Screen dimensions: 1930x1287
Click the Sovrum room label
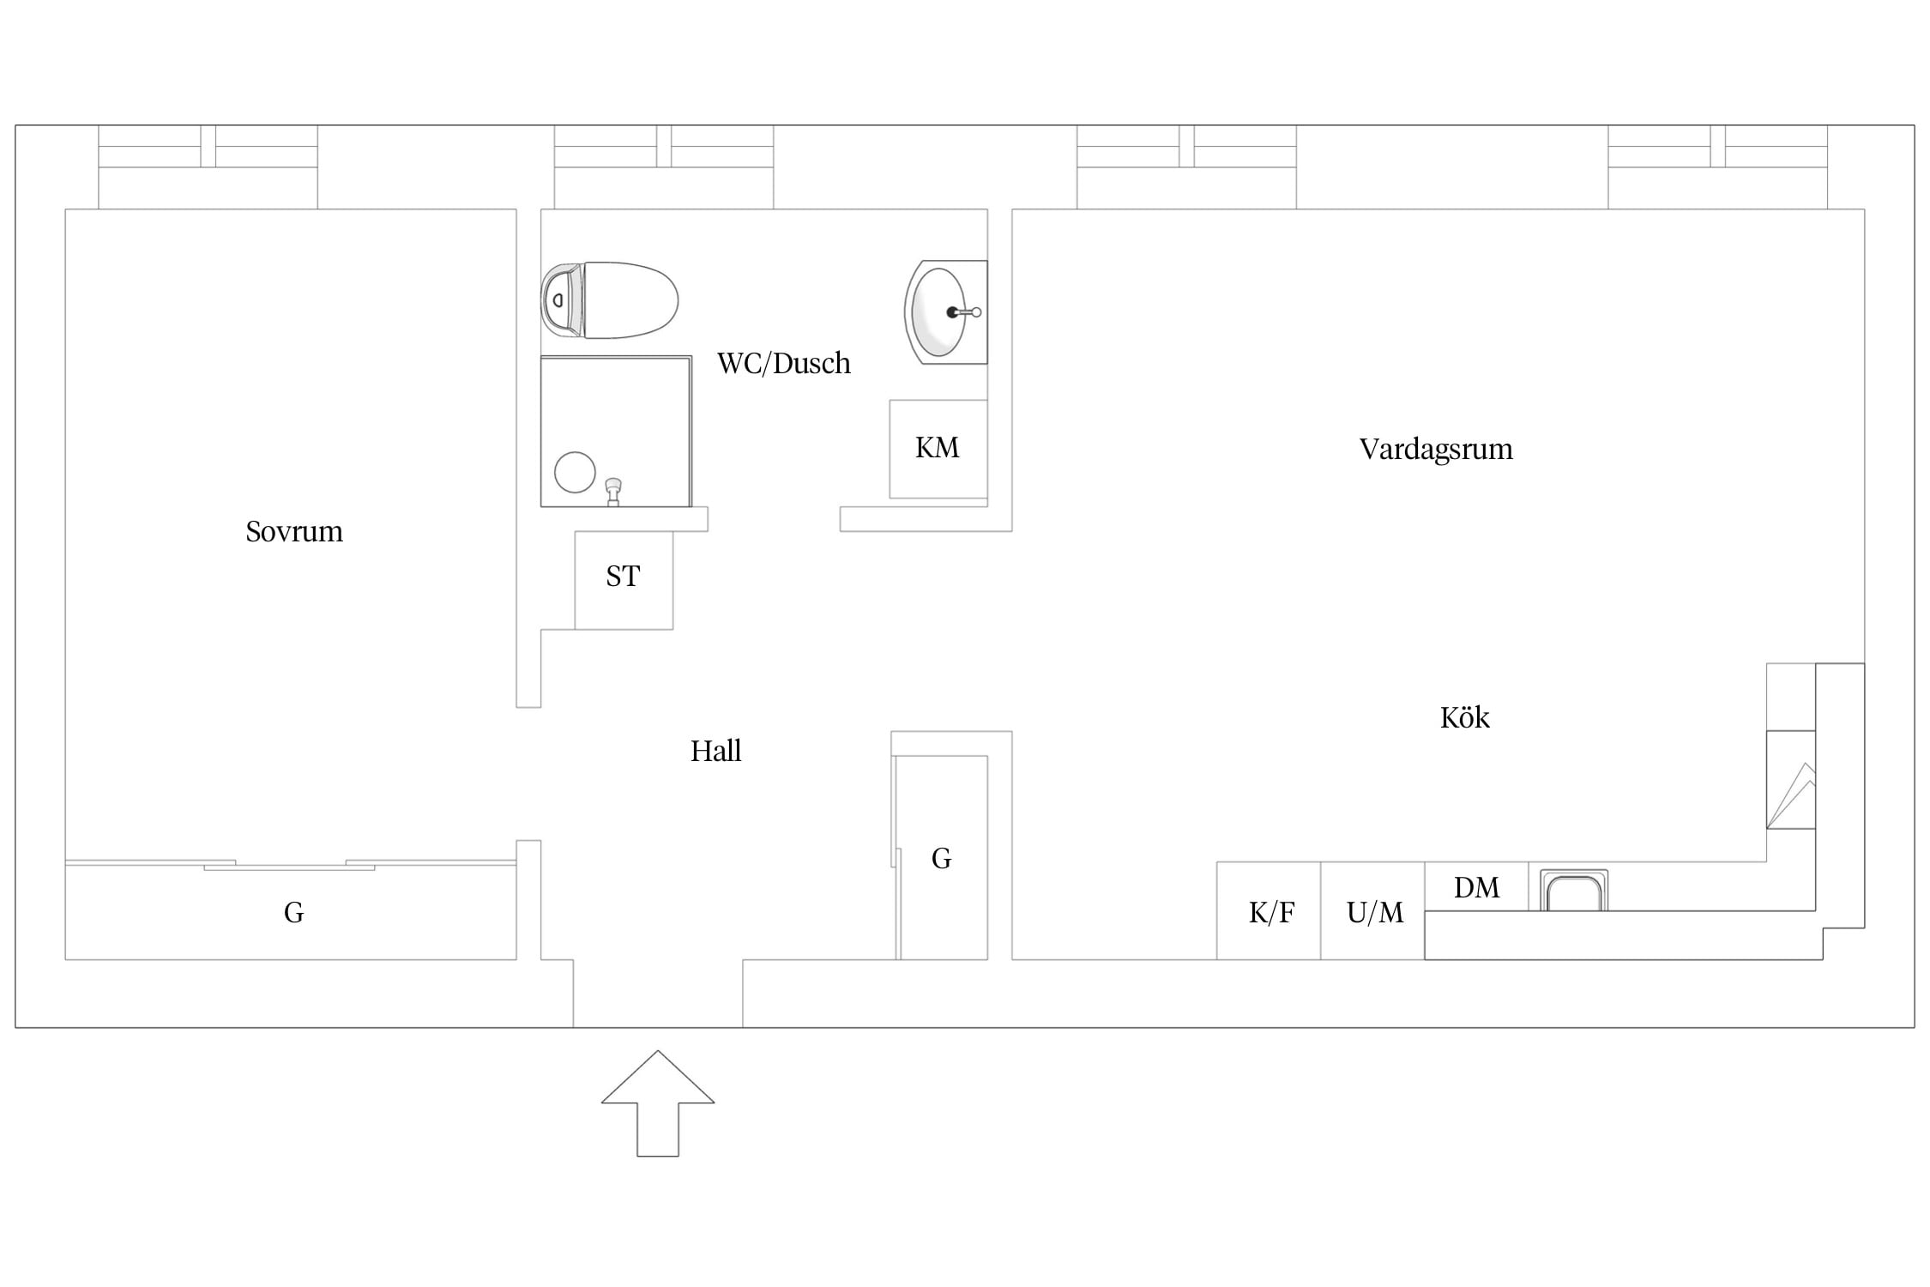(294, 532)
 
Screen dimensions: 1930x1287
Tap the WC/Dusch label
(784, 364)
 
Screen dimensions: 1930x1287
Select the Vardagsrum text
(1436, 450)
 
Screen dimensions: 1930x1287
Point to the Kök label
(1465, 717)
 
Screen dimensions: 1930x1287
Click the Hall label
(716, 752)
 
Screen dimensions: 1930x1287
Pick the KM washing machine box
(938, 449)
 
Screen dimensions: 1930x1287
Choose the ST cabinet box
(624, 580)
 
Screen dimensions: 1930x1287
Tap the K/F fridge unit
(1269, 910)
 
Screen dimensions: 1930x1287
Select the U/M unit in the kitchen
(1372, 910)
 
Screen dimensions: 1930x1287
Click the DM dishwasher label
(1477, 887)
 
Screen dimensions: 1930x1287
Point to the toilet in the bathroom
(610, 300)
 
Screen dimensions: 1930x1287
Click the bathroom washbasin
(945, 312)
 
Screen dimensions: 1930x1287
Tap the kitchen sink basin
(1574, 891)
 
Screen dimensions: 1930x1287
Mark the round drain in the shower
(575, 472)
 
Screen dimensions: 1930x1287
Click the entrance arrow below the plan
(658, 1103)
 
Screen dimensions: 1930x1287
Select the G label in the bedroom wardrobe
(294, 912)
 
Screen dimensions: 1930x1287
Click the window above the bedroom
(208, 167)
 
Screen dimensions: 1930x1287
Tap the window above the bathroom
(664, 167)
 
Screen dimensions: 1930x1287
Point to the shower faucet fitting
(613, 492)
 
